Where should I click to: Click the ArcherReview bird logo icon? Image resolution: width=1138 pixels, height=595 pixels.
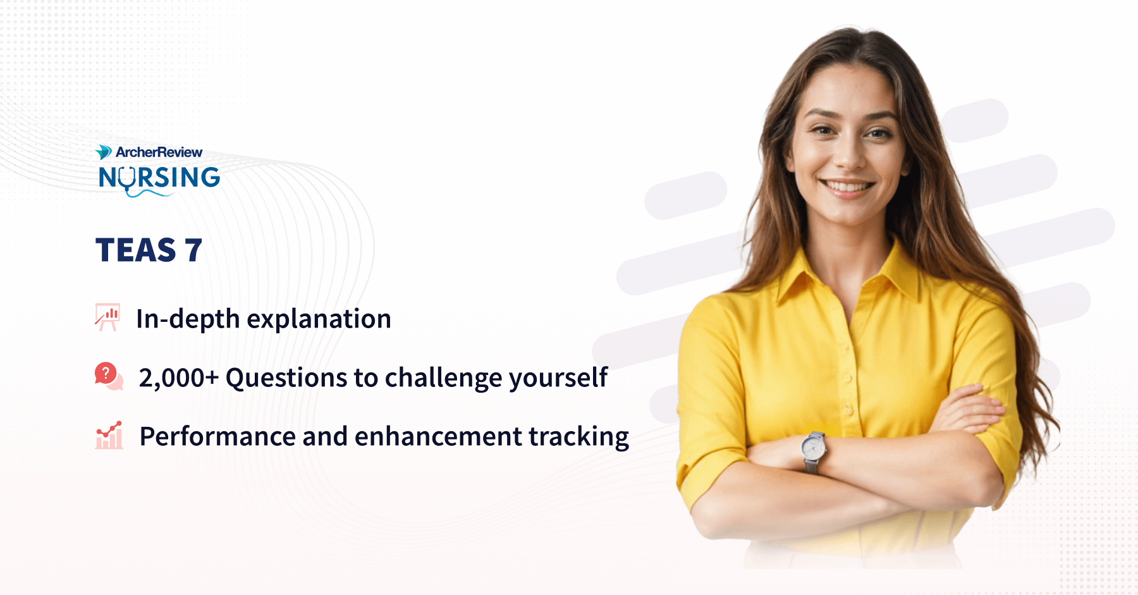pos(103,152)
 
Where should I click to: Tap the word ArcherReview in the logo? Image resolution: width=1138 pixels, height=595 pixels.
pos(159,152)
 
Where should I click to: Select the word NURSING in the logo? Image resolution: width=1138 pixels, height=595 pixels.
pos(159,178)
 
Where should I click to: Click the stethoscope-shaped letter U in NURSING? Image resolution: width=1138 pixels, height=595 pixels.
pos(128,180)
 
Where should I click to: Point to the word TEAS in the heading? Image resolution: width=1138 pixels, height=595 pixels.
pos(136,250)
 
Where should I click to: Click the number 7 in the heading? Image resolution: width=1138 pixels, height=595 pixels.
pos(193,250)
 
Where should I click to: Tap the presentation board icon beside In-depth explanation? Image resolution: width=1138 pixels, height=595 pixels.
pos(107,317)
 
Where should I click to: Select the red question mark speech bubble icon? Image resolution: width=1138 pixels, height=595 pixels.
pos(108,376)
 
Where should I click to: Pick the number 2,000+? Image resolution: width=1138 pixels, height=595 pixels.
pos(179,378)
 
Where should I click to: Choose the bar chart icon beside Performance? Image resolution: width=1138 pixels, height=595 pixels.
pos(109,435)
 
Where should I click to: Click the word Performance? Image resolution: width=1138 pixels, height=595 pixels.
pos(217,436)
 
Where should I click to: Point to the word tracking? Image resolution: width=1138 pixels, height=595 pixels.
pos(578,437)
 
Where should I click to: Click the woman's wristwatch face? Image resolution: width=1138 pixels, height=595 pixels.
pos(813,448)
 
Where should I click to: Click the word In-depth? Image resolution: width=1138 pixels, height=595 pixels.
pos(188,319)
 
